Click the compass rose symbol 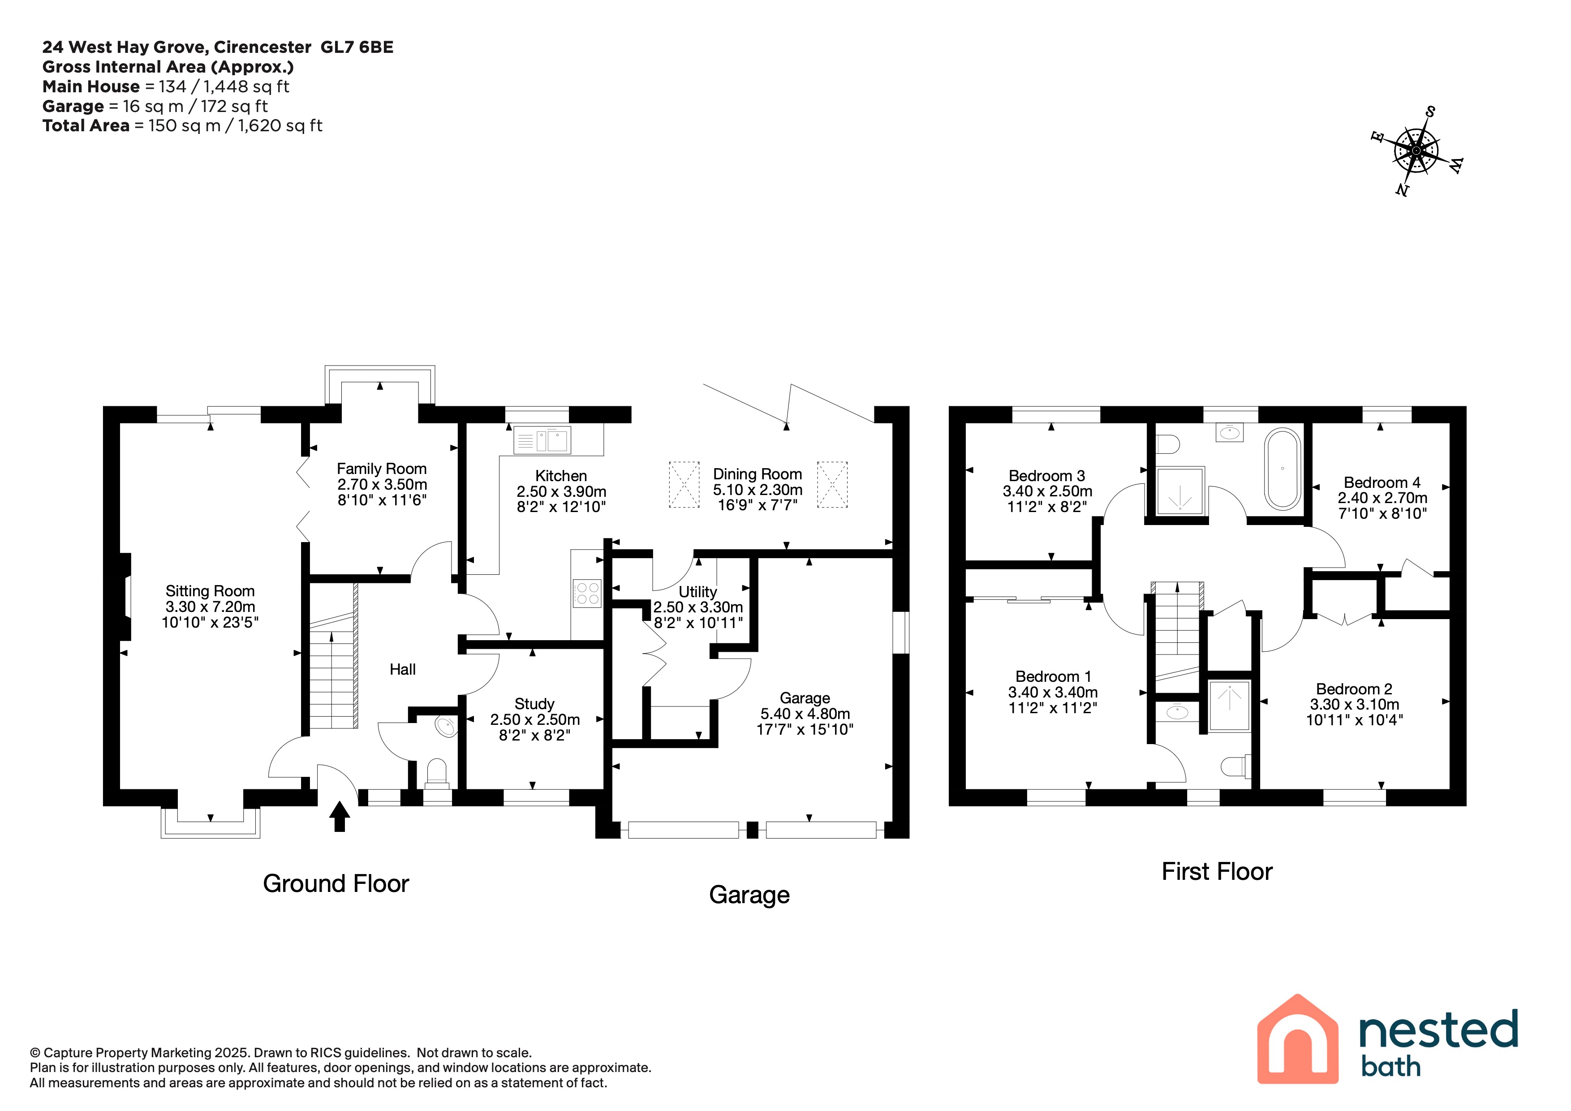[1416, 151]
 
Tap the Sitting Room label [210, 591]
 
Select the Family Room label [382, 469]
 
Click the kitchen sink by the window [542, 440]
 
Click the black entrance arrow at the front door [340, 816]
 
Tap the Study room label [534, 704]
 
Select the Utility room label [698, 592]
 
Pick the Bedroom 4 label [1382, 482]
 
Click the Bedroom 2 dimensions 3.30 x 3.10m [1354, 704]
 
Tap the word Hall [402, 669]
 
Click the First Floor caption [1217, 872]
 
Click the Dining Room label [758, 474]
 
